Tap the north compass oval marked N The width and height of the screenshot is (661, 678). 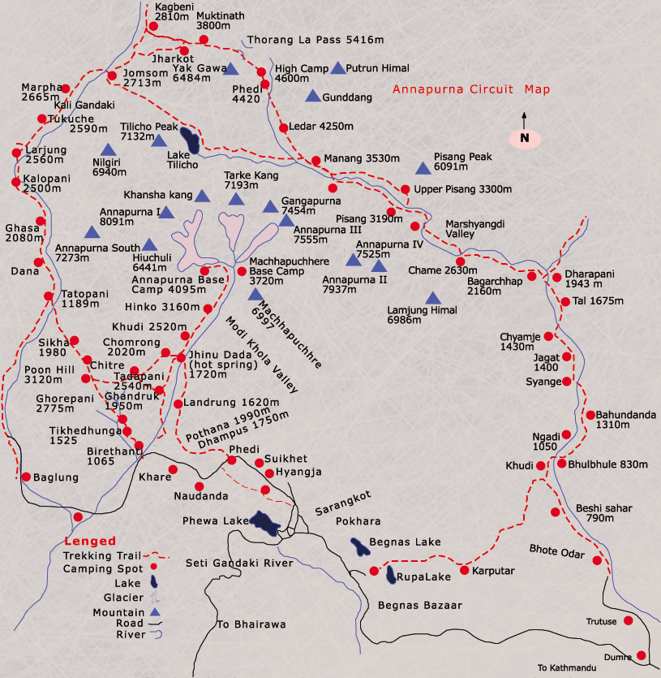tap(525, 138)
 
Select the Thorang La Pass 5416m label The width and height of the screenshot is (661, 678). tap(315, 39)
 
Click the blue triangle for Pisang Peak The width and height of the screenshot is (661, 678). tap(422, 168)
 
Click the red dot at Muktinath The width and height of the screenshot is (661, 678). tap(204, 39)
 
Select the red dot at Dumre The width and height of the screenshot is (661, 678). tap(642, 655)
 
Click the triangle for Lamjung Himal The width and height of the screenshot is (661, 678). tap(432, 298)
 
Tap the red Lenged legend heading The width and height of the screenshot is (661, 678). tap(90, 541)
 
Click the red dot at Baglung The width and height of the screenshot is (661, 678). tap(26, 477)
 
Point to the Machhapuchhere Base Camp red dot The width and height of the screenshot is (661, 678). tap(241, 271)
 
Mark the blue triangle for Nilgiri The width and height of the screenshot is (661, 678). tap(107, 149)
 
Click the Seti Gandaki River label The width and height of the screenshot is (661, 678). tap(238, 562)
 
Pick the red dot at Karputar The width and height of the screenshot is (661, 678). tap(465, 570)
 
